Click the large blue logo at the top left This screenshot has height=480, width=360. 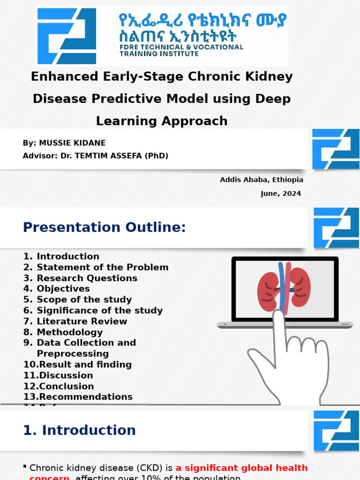pos(67,36)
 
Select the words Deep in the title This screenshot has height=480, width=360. pos(273,99)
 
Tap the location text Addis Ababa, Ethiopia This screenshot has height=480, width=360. pos(262,180)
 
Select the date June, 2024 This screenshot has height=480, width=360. pos(281,194)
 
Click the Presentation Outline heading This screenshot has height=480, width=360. pos(105,227)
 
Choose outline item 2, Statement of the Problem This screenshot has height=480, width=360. pos(102,267)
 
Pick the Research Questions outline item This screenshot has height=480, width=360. pos(87,278)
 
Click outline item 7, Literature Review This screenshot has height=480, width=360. pos(82,321)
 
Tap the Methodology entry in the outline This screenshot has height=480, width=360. pos(69,332)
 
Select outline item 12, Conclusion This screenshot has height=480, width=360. pos(66,386)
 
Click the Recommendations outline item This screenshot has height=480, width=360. pos(85,397)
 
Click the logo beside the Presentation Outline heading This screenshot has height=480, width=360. pos(336,227)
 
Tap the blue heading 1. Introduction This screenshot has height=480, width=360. pos(80,430)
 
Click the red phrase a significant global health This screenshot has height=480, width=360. pos(241,468)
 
